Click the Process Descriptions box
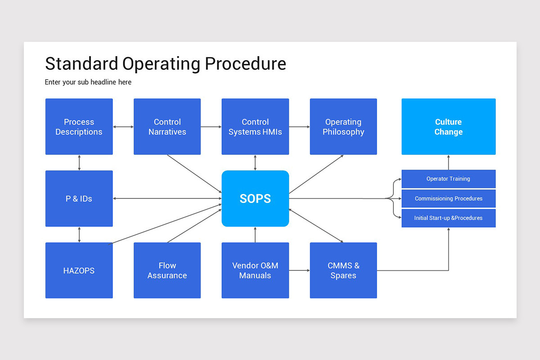79,127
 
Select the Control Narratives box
167,127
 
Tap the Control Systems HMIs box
255,127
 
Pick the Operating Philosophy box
343,127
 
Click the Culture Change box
448,127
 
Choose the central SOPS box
255,198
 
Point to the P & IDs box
79,198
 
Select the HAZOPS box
79,270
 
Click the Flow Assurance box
167,270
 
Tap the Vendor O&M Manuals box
255,270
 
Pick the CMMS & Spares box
343,270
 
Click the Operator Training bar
448,179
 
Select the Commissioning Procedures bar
448,198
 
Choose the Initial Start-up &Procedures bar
448,218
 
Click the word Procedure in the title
245,64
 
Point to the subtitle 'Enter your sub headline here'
88,82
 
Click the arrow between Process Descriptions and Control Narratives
123,127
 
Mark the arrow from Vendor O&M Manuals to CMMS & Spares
299,270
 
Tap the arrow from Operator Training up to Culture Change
449,162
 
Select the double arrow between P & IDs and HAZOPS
79,234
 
